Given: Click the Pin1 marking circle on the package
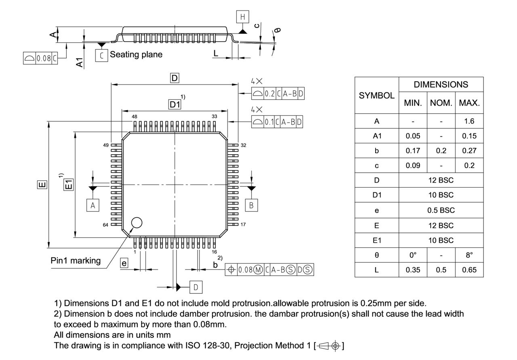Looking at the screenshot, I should pos(137,222).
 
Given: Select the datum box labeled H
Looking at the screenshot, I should pos(242,17).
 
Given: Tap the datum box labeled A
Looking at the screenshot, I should pos(93,205).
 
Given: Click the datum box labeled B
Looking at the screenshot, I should pos(251,205).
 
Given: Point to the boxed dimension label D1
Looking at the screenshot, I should pos(174,105).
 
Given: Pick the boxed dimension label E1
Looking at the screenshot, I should pos(69,184).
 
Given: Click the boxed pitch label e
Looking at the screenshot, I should pos(124,264).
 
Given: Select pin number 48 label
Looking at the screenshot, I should pos(134,117).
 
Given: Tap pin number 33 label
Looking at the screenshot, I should pos(214,117).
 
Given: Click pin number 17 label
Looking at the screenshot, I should pos(243,225).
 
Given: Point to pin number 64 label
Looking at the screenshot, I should pos(105,225).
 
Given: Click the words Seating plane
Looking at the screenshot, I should pos(136,54).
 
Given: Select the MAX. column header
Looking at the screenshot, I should pos(469,103).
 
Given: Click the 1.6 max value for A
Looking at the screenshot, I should pos(469,121).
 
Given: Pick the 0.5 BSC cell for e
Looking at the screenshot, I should pos(441,210).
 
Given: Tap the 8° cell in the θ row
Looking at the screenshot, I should pos(469,255).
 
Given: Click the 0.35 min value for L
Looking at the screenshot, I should pos(413,270).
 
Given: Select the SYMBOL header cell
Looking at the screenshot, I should pos(376,96).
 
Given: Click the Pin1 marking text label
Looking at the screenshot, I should pos(76,261).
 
